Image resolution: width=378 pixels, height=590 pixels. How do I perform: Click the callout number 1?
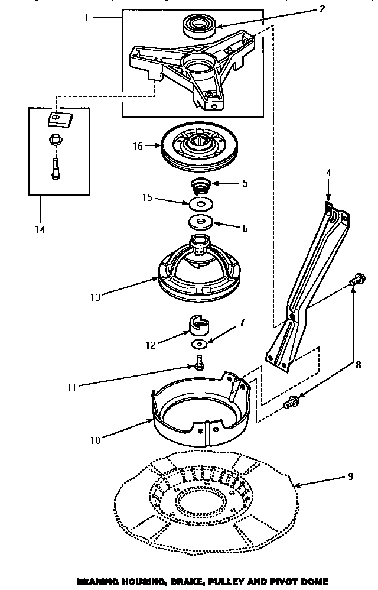[86, 18]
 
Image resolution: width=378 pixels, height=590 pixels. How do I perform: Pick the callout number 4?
[328, 173]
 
